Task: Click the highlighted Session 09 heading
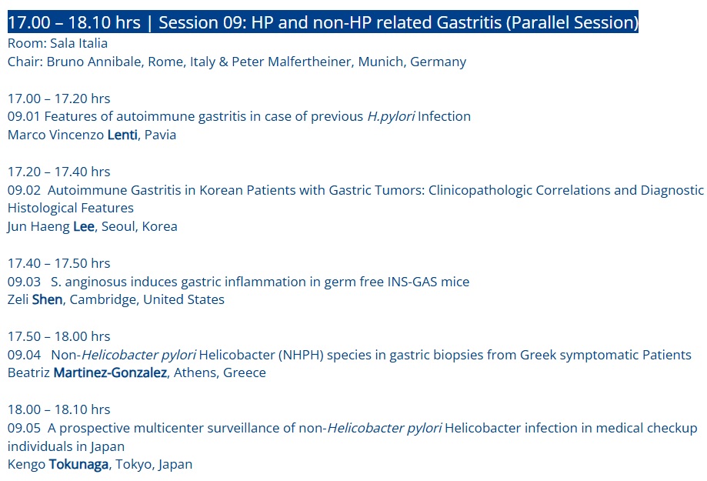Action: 323,22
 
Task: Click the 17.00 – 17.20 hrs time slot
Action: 58,99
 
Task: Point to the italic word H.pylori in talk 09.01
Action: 391,117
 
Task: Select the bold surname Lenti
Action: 122,135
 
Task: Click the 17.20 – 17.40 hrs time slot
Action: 58,172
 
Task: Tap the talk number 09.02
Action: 24,190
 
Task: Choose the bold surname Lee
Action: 84,226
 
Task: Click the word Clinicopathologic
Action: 480,190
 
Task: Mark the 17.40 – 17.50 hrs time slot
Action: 58,263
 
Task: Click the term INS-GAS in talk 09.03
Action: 412,282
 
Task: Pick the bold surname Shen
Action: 47,299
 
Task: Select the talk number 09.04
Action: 24,355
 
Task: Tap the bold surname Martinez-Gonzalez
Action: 110,372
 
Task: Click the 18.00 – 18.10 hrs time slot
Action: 58,409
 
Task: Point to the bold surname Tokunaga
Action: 78,464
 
